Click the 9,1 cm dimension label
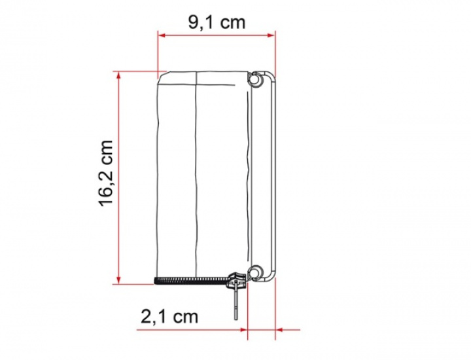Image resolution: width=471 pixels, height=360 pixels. pyautogui.click(x=217, y=22)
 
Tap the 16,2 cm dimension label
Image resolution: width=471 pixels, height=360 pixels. pyautogui.click(x=106, y=173)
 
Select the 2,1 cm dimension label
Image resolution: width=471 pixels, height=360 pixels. pyautogui.click(x=169, y=316)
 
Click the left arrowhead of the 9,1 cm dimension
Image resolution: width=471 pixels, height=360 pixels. pyautogui.click(x=162, y=35)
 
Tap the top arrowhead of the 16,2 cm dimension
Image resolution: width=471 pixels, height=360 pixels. pyautogui.click(x=119, y=75)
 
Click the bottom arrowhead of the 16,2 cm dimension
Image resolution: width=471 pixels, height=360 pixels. pyautogui.click(x=119, y=279)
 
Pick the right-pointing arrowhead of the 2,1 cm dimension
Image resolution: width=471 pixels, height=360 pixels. pyautogui.click(x=243, y=330)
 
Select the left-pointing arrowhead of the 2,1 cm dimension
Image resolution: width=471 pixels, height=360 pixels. pyautogui.click(x=280, y=330)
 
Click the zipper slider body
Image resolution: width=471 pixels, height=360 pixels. pyautogui.click(x=237, y=278)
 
